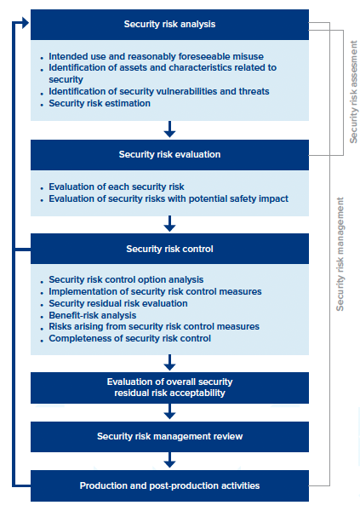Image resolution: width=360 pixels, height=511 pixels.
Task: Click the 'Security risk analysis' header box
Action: point(169,24)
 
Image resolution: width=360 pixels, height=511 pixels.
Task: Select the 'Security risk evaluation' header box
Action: point(169,155)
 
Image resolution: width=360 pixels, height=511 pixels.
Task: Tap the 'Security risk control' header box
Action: point(169,250)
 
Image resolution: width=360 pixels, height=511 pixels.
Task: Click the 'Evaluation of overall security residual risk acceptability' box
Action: point(169,388)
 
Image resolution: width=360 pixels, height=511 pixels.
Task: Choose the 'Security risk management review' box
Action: point(169,437)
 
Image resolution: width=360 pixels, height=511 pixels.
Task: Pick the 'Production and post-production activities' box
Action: point(169,485)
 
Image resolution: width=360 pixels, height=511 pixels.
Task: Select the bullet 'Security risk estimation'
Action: point(100,103)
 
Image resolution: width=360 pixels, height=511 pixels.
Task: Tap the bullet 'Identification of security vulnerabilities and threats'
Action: point(159,91)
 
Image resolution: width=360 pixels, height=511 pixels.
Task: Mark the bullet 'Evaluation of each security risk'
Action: point(117,187)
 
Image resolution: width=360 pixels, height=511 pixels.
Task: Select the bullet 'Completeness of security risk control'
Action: point(130,339)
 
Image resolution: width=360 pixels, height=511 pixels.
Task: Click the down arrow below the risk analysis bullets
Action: point(169,129)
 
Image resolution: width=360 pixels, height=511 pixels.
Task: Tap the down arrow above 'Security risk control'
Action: point(169,223)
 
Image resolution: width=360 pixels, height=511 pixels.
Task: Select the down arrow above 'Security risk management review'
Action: point(169,412)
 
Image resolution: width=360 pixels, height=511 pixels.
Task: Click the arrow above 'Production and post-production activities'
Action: point(169,461)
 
